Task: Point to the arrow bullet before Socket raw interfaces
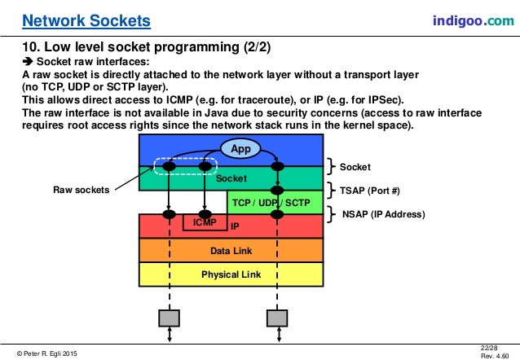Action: [x=26, y=62]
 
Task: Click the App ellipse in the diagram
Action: [x=240, y=149]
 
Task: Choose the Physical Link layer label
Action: [x=232, y=274]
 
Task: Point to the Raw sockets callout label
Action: [x=80, y=189]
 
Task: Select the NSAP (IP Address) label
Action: [x=382, y=215]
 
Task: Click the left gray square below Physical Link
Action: [x=169, y=315]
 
